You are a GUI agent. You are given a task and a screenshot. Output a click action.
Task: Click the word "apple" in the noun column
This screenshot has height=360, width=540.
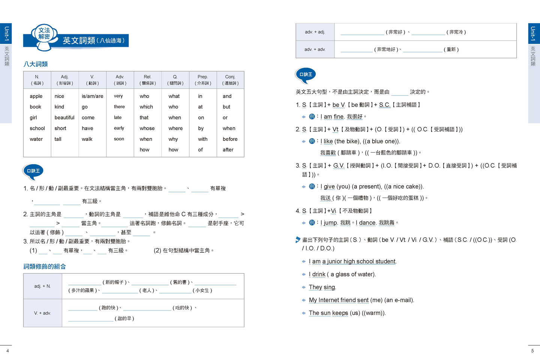pyautogui.click(x=36, y=96)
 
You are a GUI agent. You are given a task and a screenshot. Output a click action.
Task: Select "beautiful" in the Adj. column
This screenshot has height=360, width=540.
pyautogui.click(x=64, y=118)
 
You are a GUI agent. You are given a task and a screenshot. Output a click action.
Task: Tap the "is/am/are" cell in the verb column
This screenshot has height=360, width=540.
pyautogui.click(x=92, y=96)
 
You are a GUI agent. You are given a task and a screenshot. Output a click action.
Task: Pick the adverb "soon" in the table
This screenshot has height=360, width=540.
pyautogui.click(x=119, y=139)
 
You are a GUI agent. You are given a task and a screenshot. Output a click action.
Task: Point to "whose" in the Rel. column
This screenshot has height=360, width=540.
pyautogui.click(x=147, y=128)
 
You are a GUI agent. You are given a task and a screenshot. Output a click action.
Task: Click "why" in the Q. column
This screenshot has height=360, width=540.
pyautogui.click(x=173, y=139)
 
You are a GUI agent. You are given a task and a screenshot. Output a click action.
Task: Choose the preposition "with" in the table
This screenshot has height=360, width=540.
pyautogui.click(x=202, y=139)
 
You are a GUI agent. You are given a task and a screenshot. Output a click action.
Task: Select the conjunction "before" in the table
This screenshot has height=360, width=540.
pyautogui.click(x=230, y=139)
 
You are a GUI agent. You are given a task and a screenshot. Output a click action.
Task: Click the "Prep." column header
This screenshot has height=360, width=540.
pyautogui.click(x=202, y=79)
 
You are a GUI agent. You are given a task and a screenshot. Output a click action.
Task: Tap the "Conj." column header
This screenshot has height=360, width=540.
pyautogui.click(x=230, y=79)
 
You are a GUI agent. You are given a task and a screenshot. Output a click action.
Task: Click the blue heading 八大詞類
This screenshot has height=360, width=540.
pyautogui.click(x=36, y=64)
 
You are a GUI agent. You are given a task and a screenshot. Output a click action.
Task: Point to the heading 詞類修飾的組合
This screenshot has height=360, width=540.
pyautogui.click(x=45, y=267)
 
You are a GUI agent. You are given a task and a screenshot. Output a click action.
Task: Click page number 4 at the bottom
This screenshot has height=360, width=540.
pyautogui.click(x=7, y=351)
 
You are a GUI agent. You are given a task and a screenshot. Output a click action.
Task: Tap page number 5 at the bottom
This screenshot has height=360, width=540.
pyautogui.click(x=532, y=351)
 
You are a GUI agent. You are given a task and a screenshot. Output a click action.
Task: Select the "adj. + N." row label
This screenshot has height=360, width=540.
pyautogui.click(x=42, y=286)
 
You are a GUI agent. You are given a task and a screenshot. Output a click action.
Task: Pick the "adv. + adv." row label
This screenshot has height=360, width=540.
pyautogui.click(x=315, y=49)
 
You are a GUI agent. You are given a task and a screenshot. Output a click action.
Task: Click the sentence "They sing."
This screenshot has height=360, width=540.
pyautogui.click(x=322, y=287)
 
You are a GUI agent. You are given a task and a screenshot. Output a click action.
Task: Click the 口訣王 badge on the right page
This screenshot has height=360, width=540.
pyautogui.click(x=306, y=75)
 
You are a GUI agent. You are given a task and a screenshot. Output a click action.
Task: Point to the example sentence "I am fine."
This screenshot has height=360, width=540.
pyautogui.click(x=332, y=117)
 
